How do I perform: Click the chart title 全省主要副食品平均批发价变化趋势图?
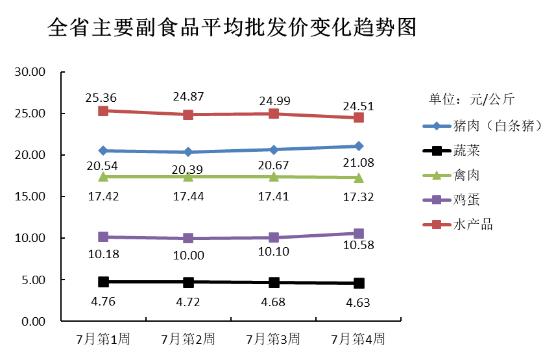(x=231, y=28)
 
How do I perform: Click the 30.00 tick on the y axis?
(x=30, y=72)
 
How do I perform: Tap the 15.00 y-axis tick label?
(x=30, y=197)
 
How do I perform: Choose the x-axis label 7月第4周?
(x=358, y=339)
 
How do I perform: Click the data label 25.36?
(x=101, y=98)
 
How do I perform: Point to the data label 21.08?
(x=358, y=162)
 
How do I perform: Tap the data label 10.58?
(x=358, y=245)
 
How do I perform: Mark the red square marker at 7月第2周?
(x=188, y=115)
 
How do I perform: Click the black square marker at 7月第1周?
(x=103, y=282)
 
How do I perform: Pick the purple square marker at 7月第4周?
(x=358, y=234)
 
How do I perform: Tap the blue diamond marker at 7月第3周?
(x=273, y=149)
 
